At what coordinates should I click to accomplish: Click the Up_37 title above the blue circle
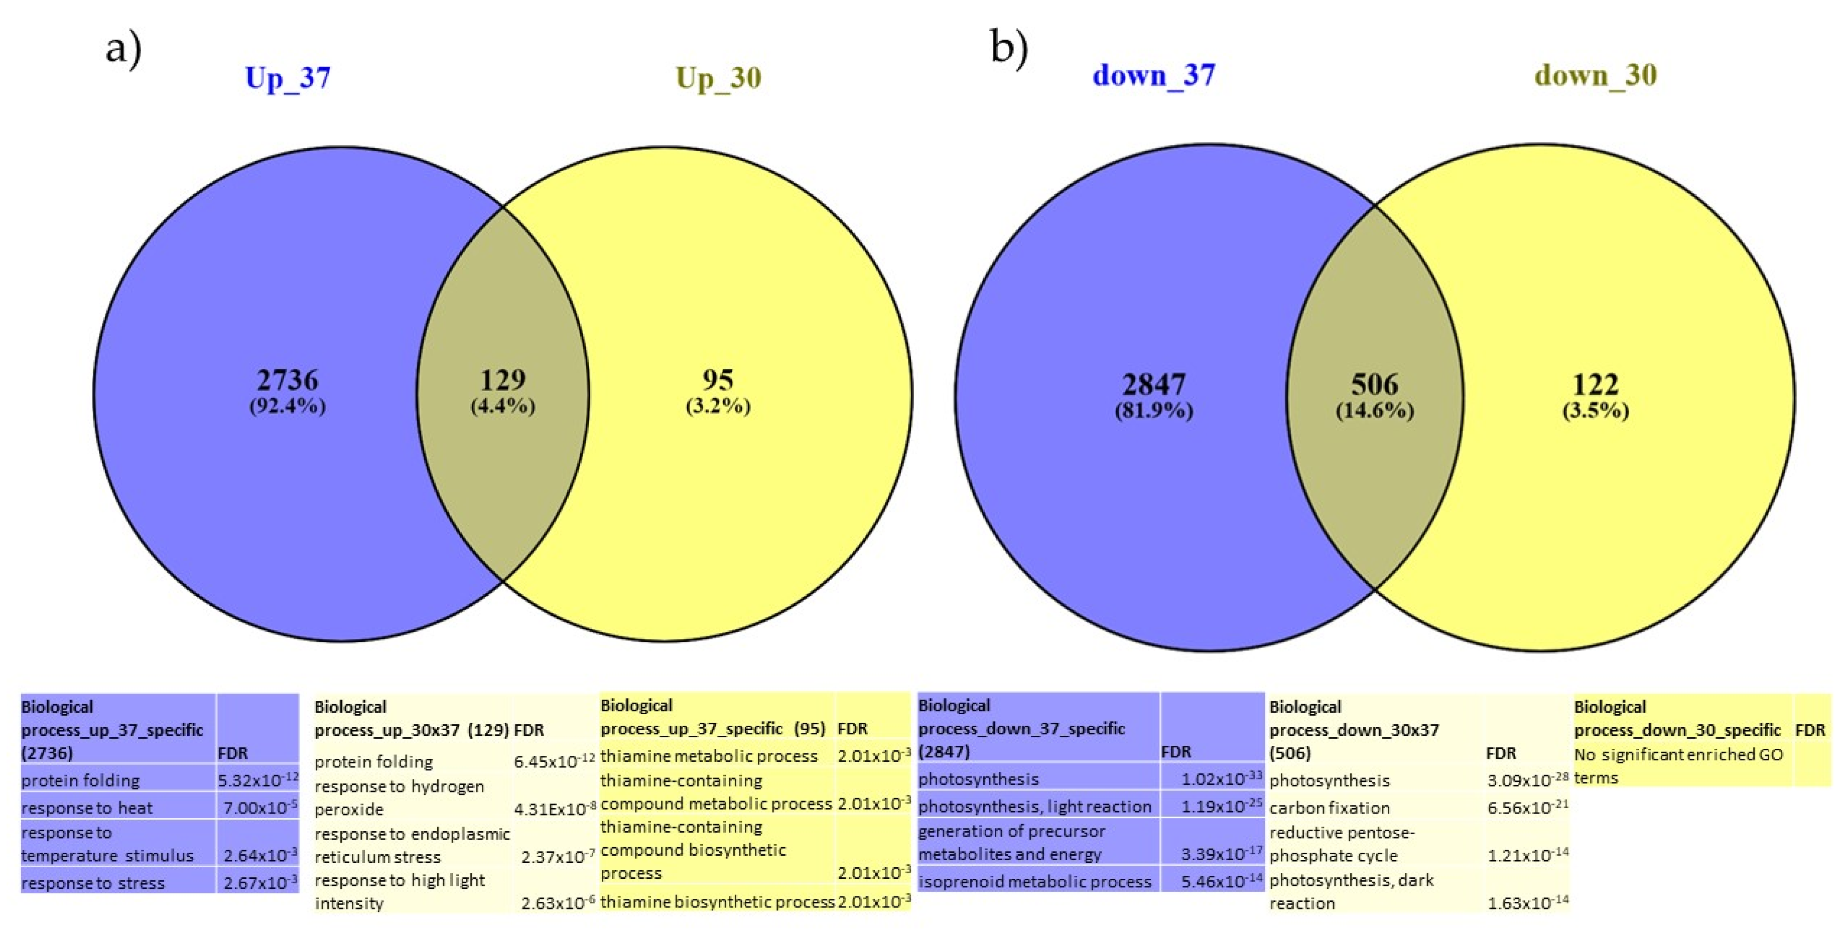tap(288, 78)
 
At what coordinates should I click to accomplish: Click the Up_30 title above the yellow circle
tap(718, 78)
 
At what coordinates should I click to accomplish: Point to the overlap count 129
tap(502, 380)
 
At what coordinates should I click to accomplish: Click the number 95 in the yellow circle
tap(718, 380)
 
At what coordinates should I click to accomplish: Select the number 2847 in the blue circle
tap(1153, 385)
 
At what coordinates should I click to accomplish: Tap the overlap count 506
tap(1374, 385)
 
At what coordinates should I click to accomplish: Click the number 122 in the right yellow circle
tap(1595, 385)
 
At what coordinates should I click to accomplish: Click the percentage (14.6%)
tap(1374, 411)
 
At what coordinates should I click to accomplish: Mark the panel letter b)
tap(1009, 49)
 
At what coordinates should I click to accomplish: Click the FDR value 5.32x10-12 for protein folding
tap(257, 779)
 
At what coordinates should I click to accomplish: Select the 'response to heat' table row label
tap(87, 808)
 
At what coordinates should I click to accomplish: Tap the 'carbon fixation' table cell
tap(1329, 808)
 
